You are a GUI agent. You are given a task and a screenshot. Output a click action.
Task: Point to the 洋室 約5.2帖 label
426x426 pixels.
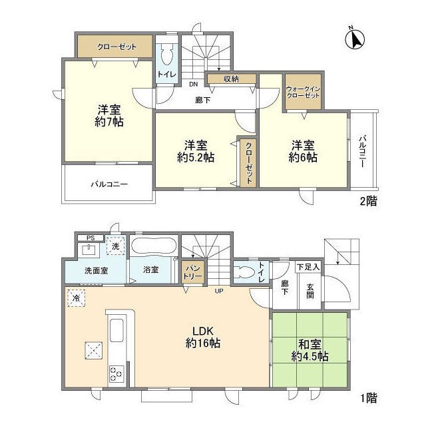coord(194,151)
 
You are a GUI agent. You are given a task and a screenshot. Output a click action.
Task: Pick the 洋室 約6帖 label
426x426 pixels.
coord(303,151)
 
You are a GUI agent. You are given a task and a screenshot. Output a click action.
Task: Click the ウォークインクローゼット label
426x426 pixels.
coord(303,93)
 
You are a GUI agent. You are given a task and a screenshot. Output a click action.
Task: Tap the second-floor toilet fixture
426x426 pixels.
coord(166,55)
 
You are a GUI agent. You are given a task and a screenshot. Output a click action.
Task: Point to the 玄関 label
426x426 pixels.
coord(310,291)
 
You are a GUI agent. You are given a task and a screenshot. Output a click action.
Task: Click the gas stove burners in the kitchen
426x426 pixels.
coord(115,374)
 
